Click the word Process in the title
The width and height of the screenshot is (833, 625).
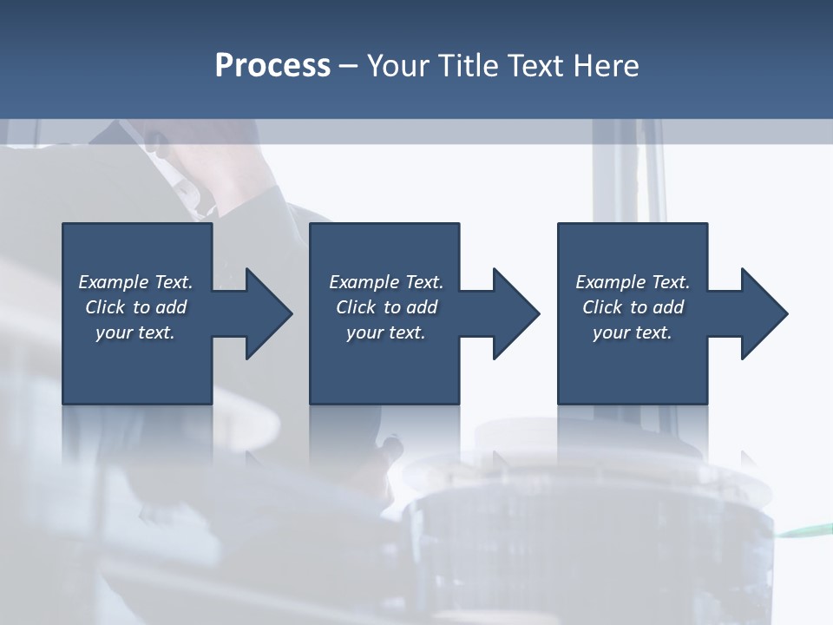(272, 66)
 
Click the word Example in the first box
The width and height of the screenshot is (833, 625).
(114, 282)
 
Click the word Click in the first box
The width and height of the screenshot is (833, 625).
(105, 307)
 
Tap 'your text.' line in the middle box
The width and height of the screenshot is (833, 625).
(385, 332)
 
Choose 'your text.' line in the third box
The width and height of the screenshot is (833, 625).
(632, 332)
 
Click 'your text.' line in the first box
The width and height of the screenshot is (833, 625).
(134, 332)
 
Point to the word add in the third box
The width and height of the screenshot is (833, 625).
(668, 307)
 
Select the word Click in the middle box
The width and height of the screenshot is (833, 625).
(356, 307)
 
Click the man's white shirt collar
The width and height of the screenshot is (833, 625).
(187, 195)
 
